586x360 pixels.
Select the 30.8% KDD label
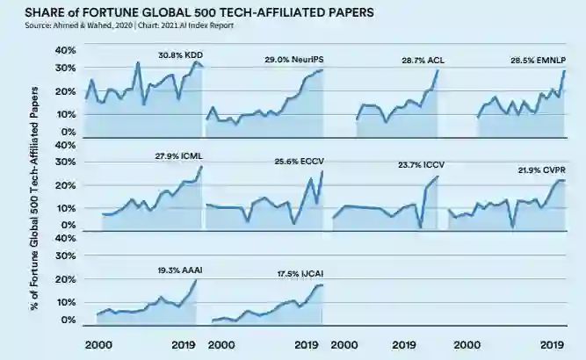point(181,54)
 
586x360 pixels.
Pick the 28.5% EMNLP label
point(539,61)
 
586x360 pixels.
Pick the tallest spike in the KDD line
point(138,62)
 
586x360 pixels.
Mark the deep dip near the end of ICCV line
point(421,227)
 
